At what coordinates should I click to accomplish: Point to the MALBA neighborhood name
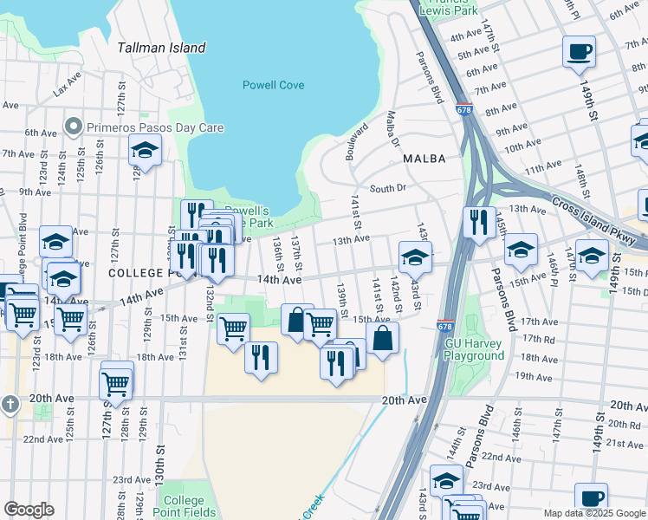click(424, 159)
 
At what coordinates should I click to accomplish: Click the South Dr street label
click(387, 188)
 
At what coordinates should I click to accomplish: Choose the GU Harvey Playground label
click(474, 349)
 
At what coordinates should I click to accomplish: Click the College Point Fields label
click(184, 506)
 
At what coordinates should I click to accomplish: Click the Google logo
click(29, 510)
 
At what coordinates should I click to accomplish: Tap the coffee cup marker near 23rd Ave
click(591, 497)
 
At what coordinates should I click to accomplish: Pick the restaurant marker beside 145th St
click(479, 223)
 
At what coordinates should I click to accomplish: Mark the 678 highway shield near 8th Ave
click(463, 110)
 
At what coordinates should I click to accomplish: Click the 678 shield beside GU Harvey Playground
click(444, 326)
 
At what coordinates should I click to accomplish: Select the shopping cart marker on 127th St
click(117, 381)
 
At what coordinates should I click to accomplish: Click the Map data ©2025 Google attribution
click(593, 513)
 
